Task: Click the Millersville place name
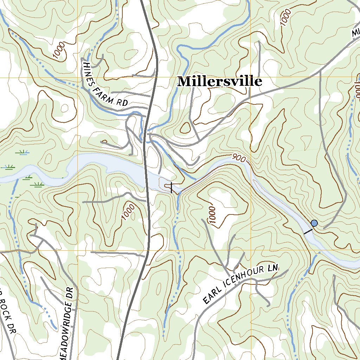[220, 82]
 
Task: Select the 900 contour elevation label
[239, 159]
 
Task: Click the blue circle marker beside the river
[314, 223]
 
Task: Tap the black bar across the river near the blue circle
[308, 231]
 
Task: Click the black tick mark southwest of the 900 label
[171, 187]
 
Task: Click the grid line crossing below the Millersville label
[250, 78]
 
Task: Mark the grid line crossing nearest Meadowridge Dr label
[77, 251]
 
